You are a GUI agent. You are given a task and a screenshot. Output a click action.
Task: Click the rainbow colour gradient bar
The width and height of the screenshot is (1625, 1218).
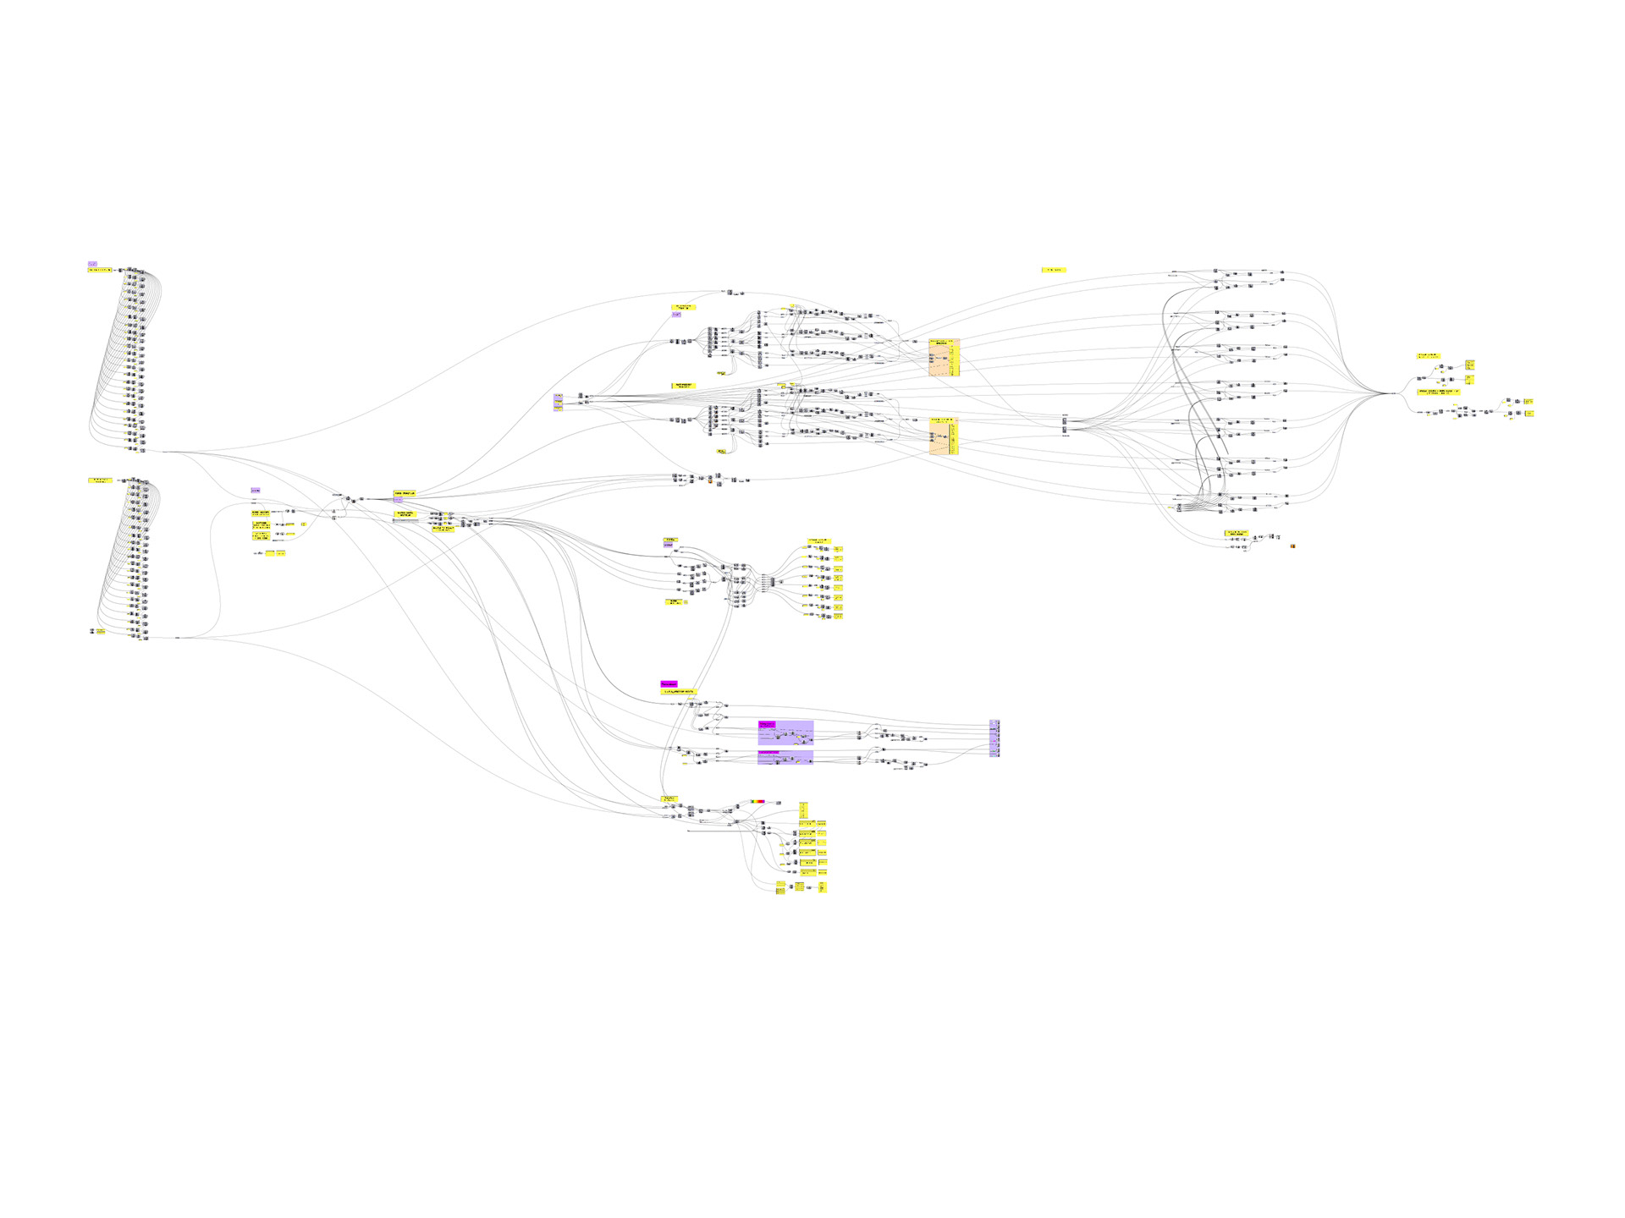coord(757,801)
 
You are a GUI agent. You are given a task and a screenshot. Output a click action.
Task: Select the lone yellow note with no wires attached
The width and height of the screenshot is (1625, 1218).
coord(1054,270)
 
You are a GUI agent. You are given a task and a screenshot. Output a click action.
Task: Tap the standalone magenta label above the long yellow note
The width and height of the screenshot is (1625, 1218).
coord(669,683)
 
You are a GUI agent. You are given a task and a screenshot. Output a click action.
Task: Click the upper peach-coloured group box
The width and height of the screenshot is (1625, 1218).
coord(944,358)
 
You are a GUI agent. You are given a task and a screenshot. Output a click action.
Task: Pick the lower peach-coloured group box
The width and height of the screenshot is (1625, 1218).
coord(944,436)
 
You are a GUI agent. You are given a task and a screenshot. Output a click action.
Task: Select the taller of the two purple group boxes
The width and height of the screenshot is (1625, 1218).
coord(785,732)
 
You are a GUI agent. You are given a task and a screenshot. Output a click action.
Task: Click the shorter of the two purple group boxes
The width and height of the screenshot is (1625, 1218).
coord(785,757)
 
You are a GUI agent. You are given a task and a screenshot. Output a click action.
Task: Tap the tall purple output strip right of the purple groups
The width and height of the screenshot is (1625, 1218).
coord(994,738)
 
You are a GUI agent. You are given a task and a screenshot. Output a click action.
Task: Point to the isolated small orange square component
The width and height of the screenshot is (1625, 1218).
coord(1292,546)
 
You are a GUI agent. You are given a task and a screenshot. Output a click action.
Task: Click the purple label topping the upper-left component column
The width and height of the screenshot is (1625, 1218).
coord(92,264)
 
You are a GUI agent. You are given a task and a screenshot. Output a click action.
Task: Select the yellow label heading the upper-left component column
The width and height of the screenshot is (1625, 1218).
coord(100,270)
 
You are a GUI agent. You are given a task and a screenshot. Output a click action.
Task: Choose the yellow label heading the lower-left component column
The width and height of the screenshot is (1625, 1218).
coord(100,480)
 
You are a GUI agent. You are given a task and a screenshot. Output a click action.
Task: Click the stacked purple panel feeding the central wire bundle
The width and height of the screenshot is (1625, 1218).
coord(558,403)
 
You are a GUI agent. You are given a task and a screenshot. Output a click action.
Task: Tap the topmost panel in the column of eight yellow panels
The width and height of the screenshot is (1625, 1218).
coord(838,548)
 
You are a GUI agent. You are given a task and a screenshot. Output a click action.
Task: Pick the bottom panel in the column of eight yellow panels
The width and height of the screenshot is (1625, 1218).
coord(838,616)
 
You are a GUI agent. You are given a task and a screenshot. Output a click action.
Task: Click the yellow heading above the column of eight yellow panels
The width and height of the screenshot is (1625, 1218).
coord(818,540)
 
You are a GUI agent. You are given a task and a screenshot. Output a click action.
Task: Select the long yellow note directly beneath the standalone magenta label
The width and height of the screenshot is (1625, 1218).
coord(678,692)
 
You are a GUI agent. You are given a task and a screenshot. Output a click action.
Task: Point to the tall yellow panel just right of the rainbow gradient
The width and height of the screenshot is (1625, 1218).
coord(803,810)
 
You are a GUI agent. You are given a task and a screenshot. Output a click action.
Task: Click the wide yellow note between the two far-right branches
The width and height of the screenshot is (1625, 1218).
coord(1439,392)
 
